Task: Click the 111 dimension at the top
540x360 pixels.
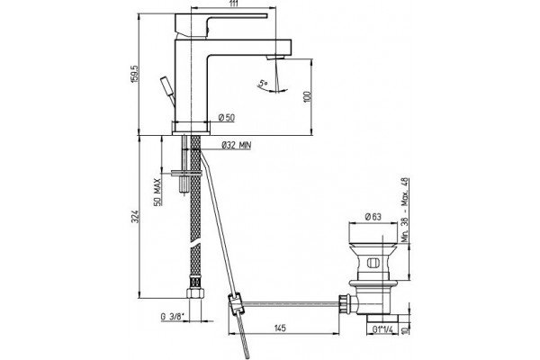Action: click(x=233, y=3)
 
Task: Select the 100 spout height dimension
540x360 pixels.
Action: click(x=307, y=97)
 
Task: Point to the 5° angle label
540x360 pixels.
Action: click(x=264, y=83)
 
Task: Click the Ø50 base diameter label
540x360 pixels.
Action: click(x=227, y=118)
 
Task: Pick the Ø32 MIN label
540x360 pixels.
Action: click(x=236, y=146)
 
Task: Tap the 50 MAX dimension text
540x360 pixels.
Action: click(x=157, y=193)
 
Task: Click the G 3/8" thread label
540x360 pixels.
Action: click(x=173, y=316)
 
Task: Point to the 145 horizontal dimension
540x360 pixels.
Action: click(x=281, y=328)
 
